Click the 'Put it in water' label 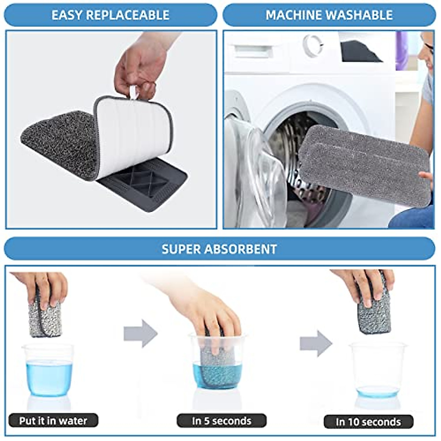tap(53, 420)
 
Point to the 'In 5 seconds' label tap(221, 421)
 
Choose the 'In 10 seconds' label tap(368, 422)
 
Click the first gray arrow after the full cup tap(140, 333)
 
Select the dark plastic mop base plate tap(147, 184)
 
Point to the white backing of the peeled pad tap(132, 132)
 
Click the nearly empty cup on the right tap(377, 371)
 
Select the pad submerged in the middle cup tap(218, 367)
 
